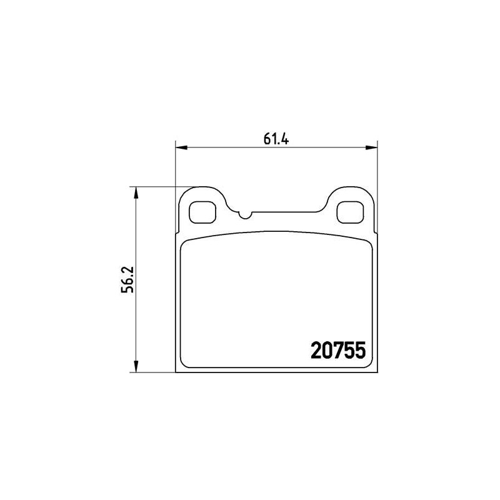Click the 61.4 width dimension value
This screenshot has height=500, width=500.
276,139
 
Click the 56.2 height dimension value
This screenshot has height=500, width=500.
128,279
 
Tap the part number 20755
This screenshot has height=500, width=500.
338,350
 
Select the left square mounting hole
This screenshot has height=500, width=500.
202,212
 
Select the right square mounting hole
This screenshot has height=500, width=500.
350,212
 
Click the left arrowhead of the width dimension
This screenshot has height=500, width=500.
181,147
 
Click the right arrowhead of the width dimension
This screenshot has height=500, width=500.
372,147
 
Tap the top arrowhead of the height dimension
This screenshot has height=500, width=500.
136,192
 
